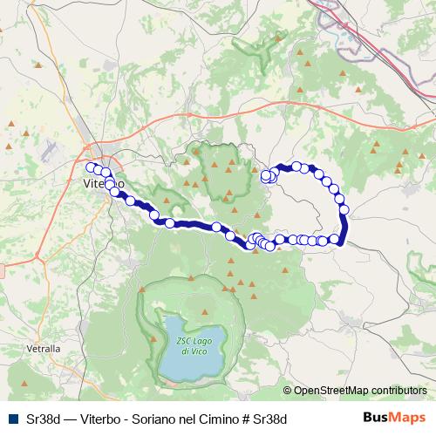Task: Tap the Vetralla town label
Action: [x=43, y=349]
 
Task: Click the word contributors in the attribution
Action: [x=398, y=391]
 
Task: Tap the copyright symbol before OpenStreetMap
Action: [x=288, y=391]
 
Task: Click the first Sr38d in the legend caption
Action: [x=38, y=418]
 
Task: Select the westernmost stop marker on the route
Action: [x=90, y=166]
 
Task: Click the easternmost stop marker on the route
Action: [x=344, y=209]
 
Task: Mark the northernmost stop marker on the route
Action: [x=296, y=166]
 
